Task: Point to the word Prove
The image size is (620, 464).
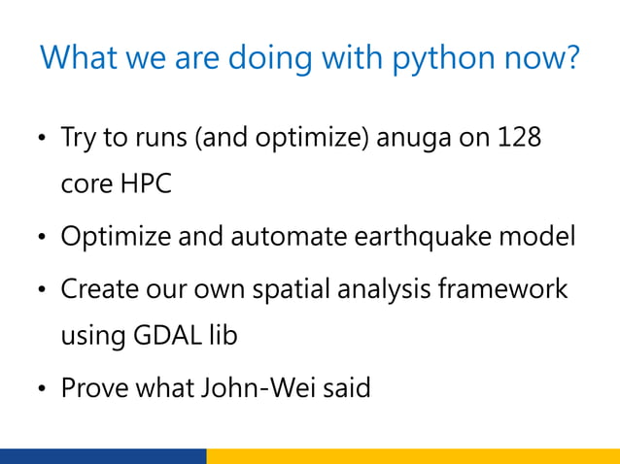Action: click(x=90, y=389)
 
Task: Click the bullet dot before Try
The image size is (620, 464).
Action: click(x=40, y=140)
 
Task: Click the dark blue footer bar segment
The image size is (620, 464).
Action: click(x=103, y=456)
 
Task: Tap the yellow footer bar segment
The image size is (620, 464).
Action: click(x=413, y=456)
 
